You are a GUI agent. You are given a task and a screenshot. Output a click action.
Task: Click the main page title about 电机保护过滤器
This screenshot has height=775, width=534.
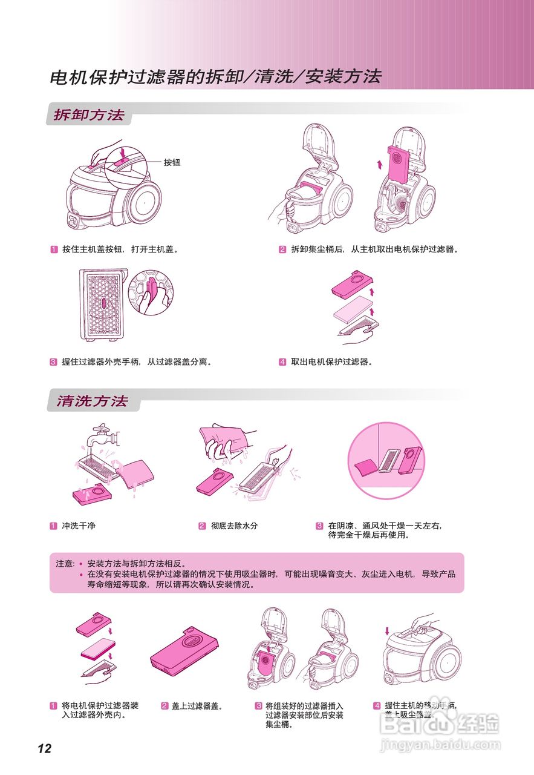(215, 77)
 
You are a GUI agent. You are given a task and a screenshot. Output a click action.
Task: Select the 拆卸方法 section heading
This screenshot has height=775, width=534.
(89, 115)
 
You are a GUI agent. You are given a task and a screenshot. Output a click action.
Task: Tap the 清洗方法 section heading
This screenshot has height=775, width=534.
(92, 401)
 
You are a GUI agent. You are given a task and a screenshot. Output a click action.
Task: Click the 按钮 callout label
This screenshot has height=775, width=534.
(172, 162)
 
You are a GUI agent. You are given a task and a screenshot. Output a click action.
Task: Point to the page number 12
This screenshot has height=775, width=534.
(44, 748)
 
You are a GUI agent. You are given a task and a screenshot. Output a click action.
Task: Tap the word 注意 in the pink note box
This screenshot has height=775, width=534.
(65, 563)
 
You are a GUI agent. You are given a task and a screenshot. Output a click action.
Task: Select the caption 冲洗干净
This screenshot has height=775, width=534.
(79, 526)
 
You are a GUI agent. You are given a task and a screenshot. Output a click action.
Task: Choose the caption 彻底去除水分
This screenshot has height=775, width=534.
(234, 526)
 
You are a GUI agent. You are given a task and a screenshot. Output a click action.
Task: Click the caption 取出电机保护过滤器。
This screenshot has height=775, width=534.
(331, 361)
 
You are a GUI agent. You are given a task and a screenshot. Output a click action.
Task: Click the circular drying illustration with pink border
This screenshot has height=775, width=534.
(387, 461)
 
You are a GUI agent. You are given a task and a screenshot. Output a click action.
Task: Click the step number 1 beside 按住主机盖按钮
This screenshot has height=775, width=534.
(53, 249)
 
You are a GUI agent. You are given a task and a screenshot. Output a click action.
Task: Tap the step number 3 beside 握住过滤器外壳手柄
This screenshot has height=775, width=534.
(53, 362)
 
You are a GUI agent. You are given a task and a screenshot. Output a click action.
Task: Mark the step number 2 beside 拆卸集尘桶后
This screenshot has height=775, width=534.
(282, 249)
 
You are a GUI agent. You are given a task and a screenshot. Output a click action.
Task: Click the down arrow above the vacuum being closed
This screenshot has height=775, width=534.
(387, 632)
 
